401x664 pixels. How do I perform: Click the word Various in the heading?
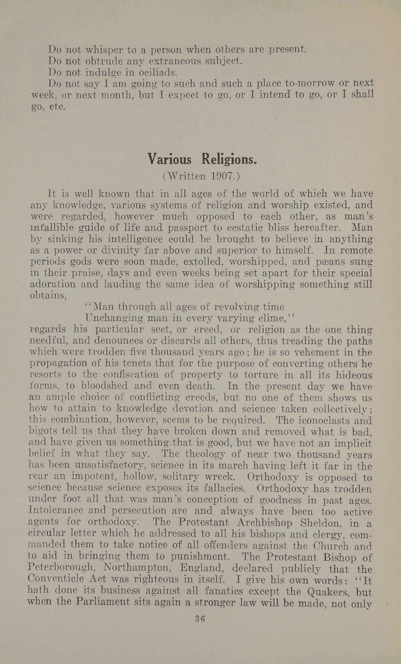tap(170, 158)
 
